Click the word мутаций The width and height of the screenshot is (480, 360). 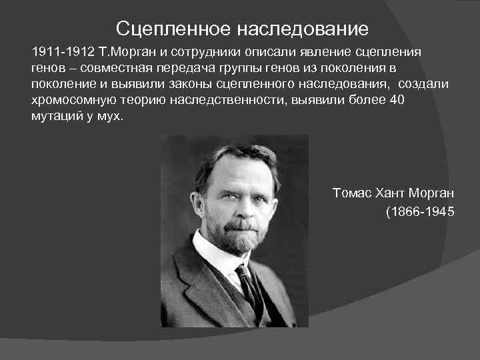(x=57, y=116)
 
